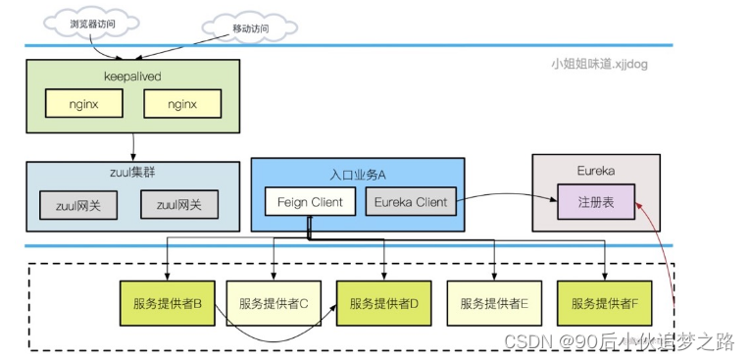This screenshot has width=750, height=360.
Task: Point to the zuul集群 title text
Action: tap(131, 173)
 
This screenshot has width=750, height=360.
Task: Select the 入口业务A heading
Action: tap(357, 174)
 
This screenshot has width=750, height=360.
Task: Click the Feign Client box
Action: tap(310, 202)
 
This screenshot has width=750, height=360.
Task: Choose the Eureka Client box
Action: tap(411, 202)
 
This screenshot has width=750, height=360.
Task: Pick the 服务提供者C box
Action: tap(274, 303)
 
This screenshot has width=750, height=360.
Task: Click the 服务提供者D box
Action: tap(383, 303)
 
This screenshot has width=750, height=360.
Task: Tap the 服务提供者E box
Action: tap(494, 303)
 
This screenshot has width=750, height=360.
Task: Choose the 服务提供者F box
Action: tap(604, 303)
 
